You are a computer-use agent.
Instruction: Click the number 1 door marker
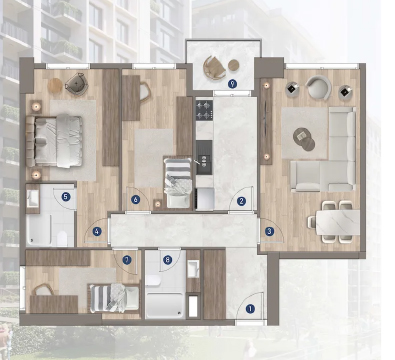[x=250, y=309]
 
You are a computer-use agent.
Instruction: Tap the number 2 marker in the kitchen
[x=241, y=201]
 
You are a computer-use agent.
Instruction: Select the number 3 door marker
[x=269, y=231]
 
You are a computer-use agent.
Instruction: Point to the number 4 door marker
[x=97, y=231]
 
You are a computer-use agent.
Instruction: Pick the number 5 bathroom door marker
[x=66, y=197]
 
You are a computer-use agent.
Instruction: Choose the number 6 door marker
[x=135, y=200]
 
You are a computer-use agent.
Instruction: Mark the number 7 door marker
[x=127, y=260]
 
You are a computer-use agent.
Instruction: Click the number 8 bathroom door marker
[x=168, y=260]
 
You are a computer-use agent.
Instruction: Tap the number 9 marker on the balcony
[x=233, y=84]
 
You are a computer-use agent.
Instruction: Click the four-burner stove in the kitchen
[x=204, y=110]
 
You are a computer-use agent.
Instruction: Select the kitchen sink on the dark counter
[x=204, y=160]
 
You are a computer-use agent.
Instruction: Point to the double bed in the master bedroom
[x=54, y=141]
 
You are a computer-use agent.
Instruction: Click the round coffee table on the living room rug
[x=303, y=138]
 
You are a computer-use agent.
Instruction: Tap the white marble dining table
[x=338, y=222]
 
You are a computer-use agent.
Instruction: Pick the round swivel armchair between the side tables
[x=319, y=88]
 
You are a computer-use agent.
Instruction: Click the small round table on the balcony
[x=234, y=65]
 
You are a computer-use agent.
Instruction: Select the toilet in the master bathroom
[x=62, y=238]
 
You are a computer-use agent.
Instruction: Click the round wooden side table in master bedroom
[x=55, y=86]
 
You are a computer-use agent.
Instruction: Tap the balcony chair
[x=215, y=68]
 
